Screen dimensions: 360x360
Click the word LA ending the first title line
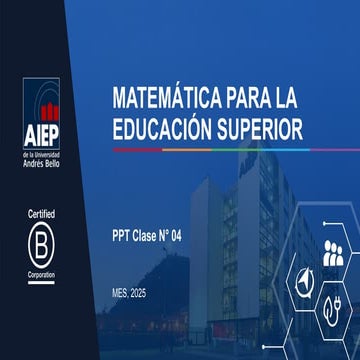[x=286, y=97]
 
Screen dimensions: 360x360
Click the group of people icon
[x=333, y=253]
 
